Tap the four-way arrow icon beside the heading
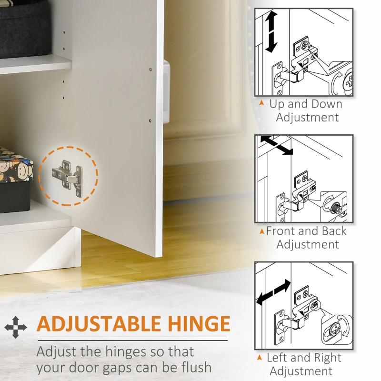coord(16,327)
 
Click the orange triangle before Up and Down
coord(262,104)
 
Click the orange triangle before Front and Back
coord(261,232)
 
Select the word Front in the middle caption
coord(284,231)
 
